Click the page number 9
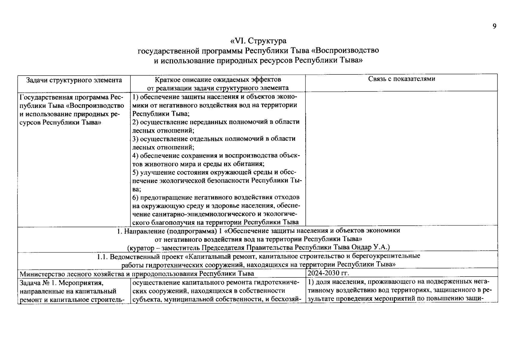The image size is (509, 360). [494, 26]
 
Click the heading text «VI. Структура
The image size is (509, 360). [258, 40]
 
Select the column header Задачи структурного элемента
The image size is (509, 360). [74, 80]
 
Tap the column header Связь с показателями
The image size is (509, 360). [401, 79]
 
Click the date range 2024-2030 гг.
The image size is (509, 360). [328, 273]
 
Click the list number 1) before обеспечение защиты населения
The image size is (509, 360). [136, 97]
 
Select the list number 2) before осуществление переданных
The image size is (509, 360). [136, 122]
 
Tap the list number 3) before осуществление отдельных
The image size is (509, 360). [136, 139]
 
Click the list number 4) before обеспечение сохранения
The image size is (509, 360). [136, 155]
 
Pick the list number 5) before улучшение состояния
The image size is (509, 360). [136, 172]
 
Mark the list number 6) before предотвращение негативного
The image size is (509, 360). [136, 197]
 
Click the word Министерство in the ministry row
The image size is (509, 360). [38, 274]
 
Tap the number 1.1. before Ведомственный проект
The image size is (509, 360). [103, 256]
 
